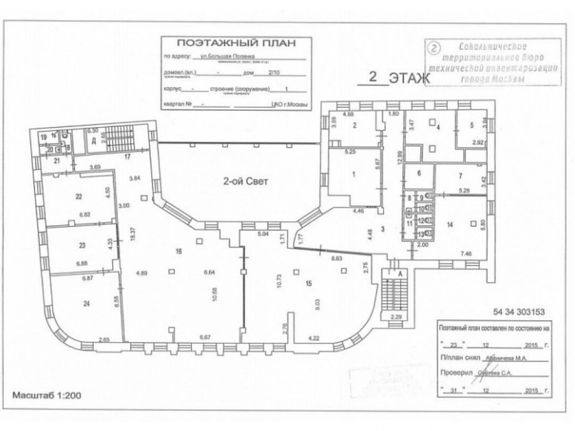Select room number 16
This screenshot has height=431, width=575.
tap(178, 251)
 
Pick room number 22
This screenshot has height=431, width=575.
tap(79, 196)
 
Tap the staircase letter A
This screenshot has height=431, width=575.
tap(398, 275)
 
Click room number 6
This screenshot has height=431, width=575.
tap(419, 173)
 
